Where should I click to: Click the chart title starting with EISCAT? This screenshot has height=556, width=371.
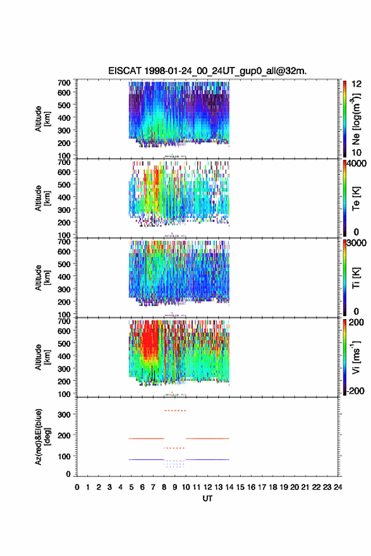[x=207, y=71]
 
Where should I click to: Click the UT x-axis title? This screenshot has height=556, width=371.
[x=207, y=499]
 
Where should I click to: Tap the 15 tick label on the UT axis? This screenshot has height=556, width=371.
[x=240, y=487]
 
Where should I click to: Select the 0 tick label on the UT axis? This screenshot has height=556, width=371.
[x=77, y=487]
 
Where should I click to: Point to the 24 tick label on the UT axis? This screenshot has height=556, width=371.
[x=338, y=487]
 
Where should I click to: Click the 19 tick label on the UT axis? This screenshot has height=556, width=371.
[x=284, y=487]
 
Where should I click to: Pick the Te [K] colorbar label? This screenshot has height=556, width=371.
[x=356, y=198]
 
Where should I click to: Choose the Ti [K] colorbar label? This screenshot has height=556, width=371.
[x=356, y=278]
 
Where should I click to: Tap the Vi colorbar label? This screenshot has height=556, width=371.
[x=356, y=357]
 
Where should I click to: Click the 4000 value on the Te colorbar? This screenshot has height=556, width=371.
[x=357, y=164]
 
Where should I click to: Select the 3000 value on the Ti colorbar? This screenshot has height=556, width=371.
[x=357, y=243]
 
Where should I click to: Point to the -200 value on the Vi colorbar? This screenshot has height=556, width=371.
[x=356, y=390]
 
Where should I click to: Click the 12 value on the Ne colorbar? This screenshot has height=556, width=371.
[x=356, y=84]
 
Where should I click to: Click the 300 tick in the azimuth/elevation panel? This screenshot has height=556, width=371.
[x=64, y=414]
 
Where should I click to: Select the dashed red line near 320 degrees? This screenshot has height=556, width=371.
[x=175, y=411]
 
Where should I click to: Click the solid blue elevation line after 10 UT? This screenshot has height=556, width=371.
[x=207, y=459]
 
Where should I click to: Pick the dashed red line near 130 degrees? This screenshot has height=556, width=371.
[x=174, y=448]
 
